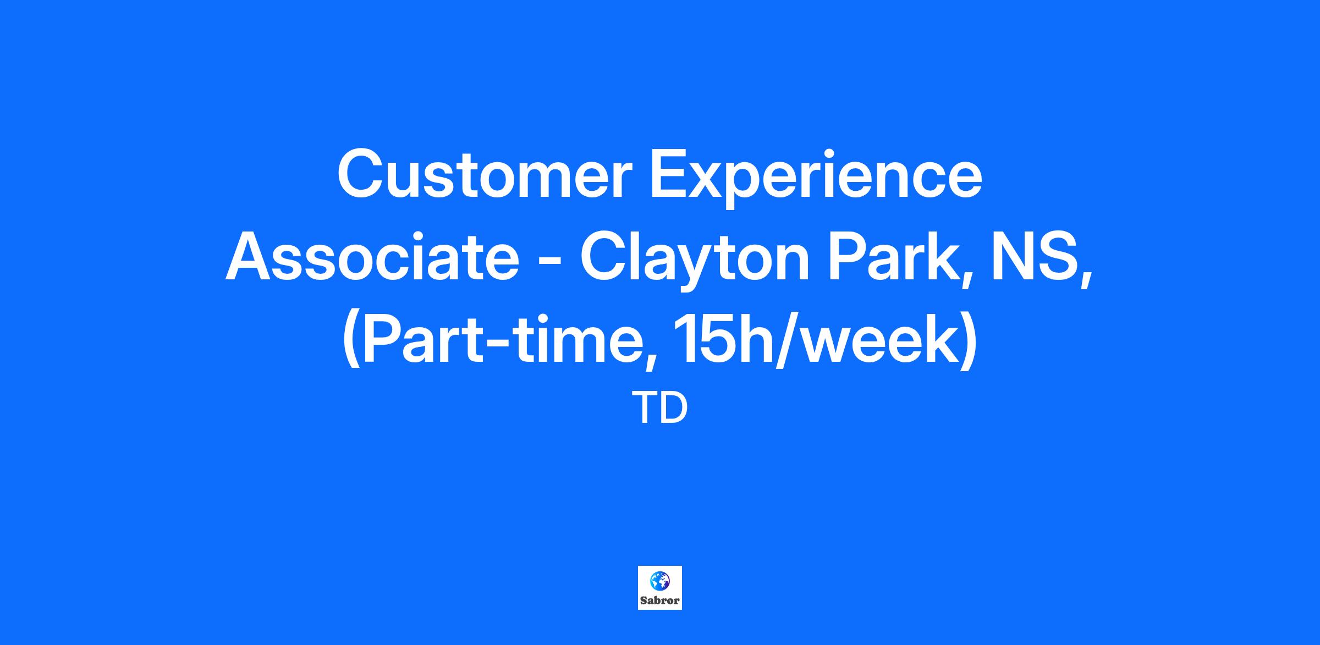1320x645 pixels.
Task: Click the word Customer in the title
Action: (483, 174)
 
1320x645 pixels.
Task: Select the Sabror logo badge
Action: (660, 588)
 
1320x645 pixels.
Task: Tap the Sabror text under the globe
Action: (660, 600)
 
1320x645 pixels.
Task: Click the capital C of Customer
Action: (361, 174)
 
